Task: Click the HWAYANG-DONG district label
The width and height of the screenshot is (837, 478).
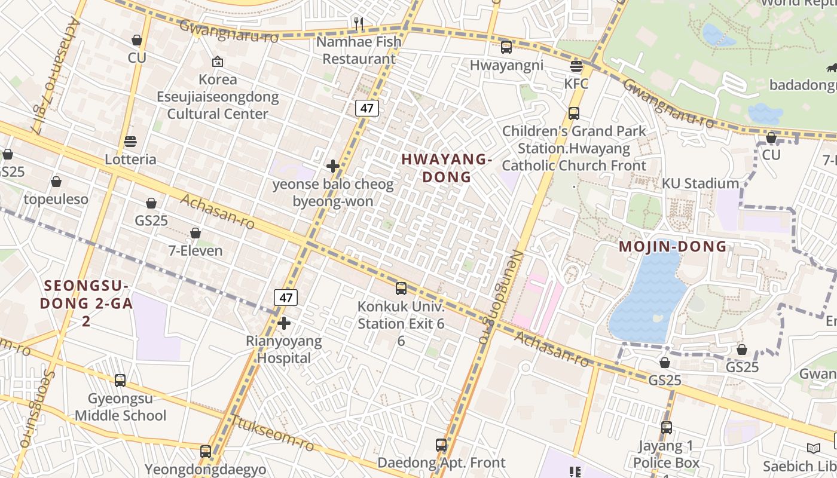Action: (447, 168)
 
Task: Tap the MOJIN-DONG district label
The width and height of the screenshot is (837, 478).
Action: (673, 246)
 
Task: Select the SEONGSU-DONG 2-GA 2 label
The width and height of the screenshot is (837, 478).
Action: (86, 303)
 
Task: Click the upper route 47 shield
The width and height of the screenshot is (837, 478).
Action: (366, 108)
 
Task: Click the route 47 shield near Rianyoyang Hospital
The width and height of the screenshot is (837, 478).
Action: (286, 297)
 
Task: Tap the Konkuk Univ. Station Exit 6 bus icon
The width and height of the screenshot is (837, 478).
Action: (401, 289)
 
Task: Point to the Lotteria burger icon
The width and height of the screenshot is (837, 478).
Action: (130, 142)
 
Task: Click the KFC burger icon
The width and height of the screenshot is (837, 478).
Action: (576, 66)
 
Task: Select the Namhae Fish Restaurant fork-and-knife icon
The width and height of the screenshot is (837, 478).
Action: (359, 24)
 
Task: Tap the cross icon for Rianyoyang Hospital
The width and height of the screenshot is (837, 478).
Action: (284, 323)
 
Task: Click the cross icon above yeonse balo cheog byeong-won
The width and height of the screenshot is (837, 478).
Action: (333, 166)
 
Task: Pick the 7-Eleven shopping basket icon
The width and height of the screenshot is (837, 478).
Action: (195, 233)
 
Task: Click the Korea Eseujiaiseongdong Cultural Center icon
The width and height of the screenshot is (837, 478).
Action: (218, 62)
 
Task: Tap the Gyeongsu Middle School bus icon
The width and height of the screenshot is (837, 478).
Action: (120, 380)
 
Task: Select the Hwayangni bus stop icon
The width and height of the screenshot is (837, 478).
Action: (506, 47)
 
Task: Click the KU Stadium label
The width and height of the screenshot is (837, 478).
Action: (700, 183)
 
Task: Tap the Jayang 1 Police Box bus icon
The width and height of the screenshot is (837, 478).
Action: (667, 428)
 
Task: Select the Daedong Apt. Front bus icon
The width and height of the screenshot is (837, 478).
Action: (441, 445)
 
